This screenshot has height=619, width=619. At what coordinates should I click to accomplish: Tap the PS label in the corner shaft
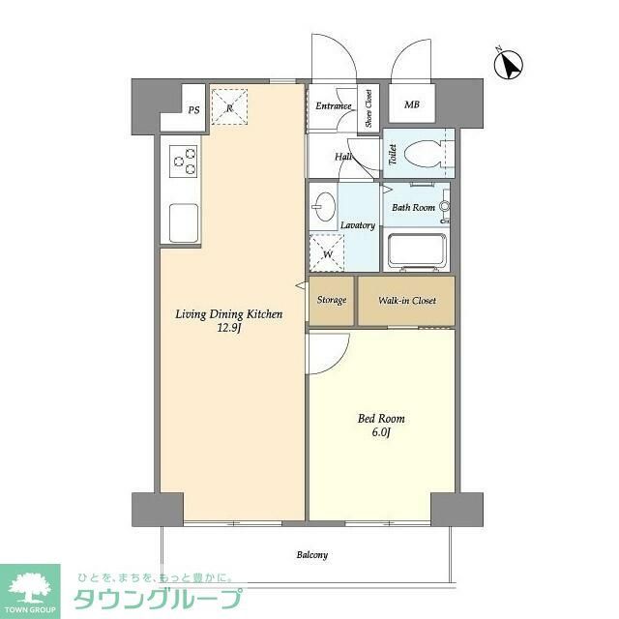point(194,110)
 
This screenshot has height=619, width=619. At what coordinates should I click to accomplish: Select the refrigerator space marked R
point(229,105)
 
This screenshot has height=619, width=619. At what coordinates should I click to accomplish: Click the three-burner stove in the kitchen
point(184,161)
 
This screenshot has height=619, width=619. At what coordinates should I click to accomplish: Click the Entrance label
point(334,105)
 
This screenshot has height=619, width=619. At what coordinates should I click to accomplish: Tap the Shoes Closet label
point(368,108)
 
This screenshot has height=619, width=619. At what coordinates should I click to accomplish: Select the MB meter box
point(412,105)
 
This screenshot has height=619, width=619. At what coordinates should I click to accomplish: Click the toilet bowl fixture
point(424,153)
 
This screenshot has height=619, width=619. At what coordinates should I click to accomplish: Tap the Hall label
point(343,157)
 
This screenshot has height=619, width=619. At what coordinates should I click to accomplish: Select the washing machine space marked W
point(327,254)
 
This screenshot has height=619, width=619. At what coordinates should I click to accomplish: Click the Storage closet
point(332,301)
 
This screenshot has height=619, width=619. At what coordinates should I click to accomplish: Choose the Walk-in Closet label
point(406,301)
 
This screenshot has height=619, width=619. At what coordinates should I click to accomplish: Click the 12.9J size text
point(228,328)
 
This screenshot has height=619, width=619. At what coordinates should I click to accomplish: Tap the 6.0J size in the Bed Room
point(381,432)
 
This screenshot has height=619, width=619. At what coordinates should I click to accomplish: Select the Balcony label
point(311,555)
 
